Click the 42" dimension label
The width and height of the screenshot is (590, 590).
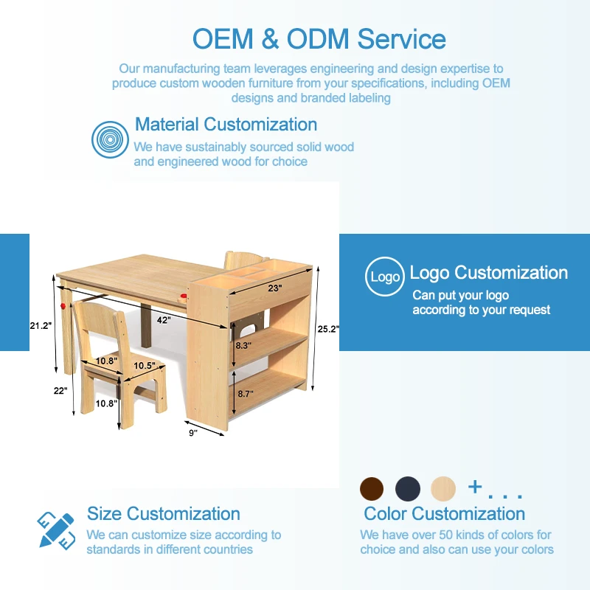[164, 320]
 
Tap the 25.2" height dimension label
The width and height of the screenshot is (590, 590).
[328, 329]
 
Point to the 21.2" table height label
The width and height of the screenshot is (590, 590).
[41, 325]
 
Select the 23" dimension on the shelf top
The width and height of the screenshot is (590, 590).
[274, 288]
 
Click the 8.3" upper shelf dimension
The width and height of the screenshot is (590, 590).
[243, 345]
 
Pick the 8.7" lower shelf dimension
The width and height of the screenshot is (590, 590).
[246, 394]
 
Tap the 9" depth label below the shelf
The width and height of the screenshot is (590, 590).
[193, 433]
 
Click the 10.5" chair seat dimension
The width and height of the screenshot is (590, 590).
[145, 365]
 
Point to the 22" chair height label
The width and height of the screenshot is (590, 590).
[60, 391]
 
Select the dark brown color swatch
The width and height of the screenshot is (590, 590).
[372, 489]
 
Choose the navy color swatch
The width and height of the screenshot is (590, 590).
[408, 489]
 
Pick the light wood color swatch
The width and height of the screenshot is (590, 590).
[443, 489]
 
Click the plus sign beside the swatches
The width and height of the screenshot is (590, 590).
[475, 487]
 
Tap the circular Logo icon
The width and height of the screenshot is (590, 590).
[385, 277]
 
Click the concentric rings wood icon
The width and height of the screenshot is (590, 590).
[110, 139]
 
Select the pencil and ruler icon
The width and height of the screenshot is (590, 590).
[57, 530]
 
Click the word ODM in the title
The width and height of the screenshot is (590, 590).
[318, 39]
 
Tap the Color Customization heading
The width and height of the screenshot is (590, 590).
[445, 513]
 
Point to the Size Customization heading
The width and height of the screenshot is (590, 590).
[164, 513]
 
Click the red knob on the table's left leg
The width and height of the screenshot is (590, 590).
[63, 306]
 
